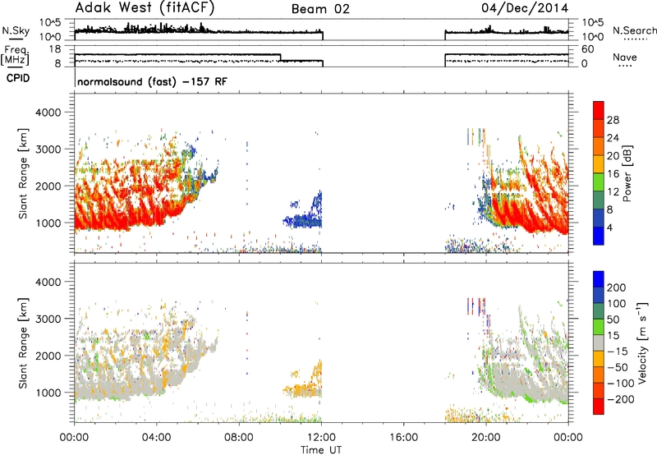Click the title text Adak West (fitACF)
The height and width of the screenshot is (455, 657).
pos(145,8)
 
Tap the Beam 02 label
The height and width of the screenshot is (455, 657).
pos(320,9)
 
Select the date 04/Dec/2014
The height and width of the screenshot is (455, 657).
pos(525,8)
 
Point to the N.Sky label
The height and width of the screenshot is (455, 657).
pos(16,30)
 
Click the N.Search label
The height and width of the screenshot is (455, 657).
pos(635,30)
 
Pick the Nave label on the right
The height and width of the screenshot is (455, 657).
pos(625,57)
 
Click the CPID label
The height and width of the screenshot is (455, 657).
pos(18,78)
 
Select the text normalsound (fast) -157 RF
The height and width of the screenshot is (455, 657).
pos(152,81)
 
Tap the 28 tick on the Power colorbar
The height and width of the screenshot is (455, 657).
pos(613,120)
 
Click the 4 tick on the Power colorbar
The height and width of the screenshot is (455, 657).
pos(609,227)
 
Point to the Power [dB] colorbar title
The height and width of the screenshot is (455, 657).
pos(627,173)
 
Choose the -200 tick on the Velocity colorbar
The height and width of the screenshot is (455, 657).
pos(621,399)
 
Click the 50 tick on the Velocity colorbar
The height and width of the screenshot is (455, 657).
pos(613,319)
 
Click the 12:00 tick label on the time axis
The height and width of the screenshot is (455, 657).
pos(321,438)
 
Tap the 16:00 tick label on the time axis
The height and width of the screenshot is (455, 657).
pos(404,438)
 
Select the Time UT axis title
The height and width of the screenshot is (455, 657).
pos(321,450)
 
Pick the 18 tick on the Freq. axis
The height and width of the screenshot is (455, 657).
pos(55,49)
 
